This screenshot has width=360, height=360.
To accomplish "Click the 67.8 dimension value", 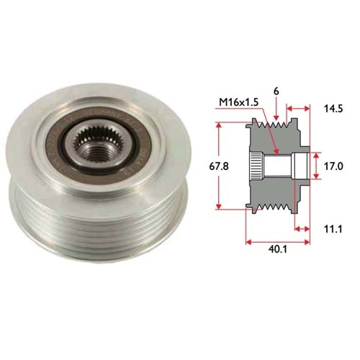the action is click(219, 166).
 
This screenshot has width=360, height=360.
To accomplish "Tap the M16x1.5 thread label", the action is click(239, 102).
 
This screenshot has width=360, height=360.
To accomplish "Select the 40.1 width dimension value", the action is click(278, 249).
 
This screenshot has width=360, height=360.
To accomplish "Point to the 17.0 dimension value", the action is click(333, 166).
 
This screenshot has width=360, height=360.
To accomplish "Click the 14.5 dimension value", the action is click(333, 109).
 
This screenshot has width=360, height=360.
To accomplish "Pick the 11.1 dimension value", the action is click(333, 229).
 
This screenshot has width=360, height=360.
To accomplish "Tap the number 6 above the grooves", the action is click(276, 91).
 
